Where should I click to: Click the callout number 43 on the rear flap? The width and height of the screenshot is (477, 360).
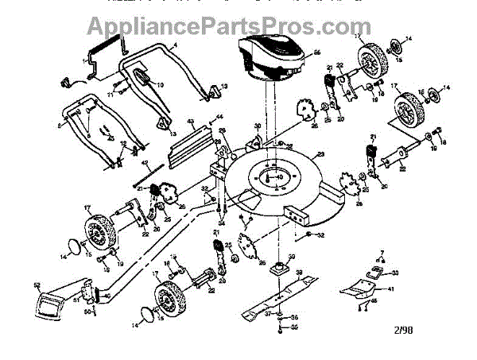coord(192,122)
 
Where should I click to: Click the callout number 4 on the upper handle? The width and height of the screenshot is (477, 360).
coord(173,47)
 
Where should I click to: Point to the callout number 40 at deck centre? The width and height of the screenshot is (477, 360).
coord(278,177)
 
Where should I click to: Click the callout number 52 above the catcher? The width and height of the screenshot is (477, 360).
coord(37,285)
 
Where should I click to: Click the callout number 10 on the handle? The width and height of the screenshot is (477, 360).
coord(159,84)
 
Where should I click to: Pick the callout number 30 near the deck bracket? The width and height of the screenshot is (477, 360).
coord(258,126)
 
